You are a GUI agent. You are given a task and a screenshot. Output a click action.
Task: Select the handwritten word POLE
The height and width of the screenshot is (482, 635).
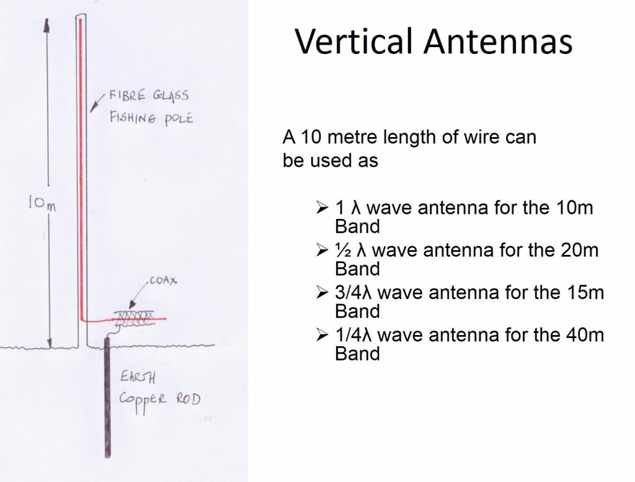pyautogui.click(x=177, y=118)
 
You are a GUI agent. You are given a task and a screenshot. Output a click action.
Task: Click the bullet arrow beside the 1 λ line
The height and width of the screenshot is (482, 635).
pyautogui.click(x=321, y=208)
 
